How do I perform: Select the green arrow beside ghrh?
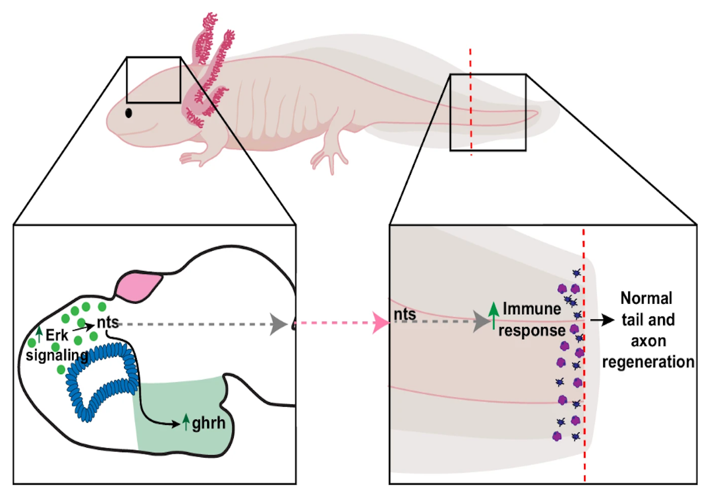pyautogui.click(x=186, y=423)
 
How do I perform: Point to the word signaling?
pyautogui.click(x=58, y=355)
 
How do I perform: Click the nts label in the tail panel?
pyautogui.click(x=405, y=314)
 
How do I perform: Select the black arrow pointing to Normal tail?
pyautogui.click(x=601, y=320)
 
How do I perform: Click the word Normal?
pyautogui.click(x=646, y=299)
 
